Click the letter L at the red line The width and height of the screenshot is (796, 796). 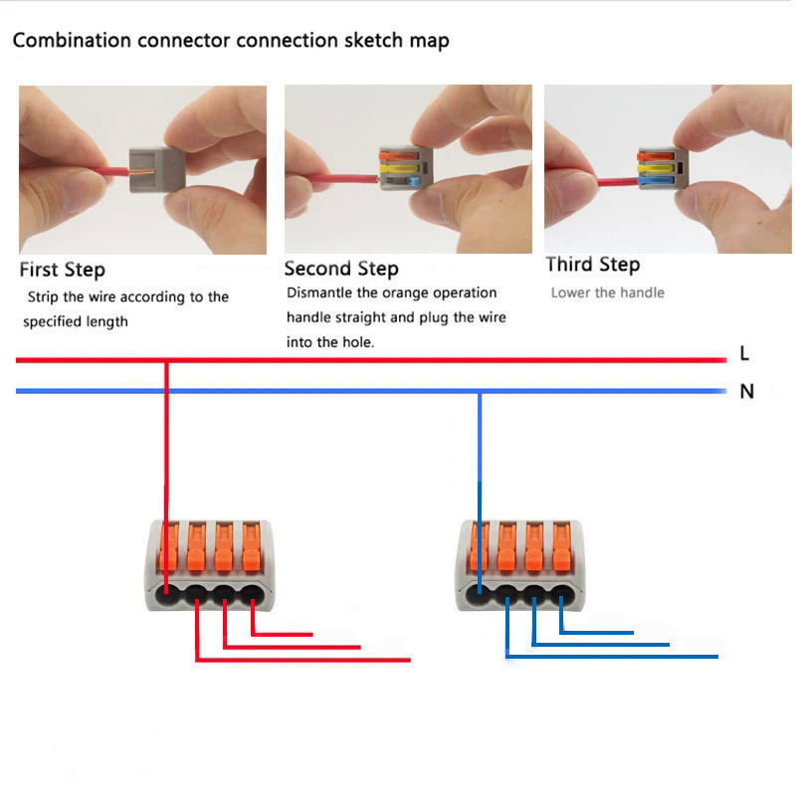click(x=744, y=353)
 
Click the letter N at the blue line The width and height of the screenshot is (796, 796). click(x=746, y=391)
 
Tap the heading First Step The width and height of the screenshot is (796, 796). click(x=62, y=270)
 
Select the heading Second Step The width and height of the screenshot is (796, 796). click(x=341, y=269)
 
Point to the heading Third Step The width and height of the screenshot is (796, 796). click(x=593, y=265)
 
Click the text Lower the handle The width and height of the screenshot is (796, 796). click(x=607, y=293)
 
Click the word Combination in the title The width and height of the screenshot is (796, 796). click(x=72, y=41)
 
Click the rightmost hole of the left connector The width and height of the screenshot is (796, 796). click(x=255, y=597)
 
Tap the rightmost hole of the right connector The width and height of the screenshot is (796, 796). click(x=563, y=597)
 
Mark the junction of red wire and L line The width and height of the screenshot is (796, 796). click(x=166, y=359)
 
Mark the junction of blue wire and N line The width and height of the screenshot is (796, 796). click(x=480, y=391)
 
